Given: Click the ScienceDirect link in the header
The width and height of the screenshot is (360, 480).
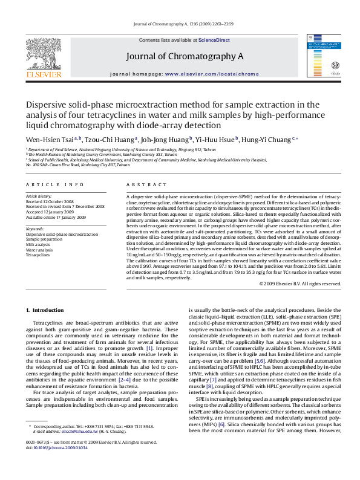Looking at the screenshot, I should [x=214, y=40].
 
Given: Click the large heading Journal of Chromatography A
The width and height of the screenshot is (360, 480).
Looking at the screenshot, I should [x=185, y=56].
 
